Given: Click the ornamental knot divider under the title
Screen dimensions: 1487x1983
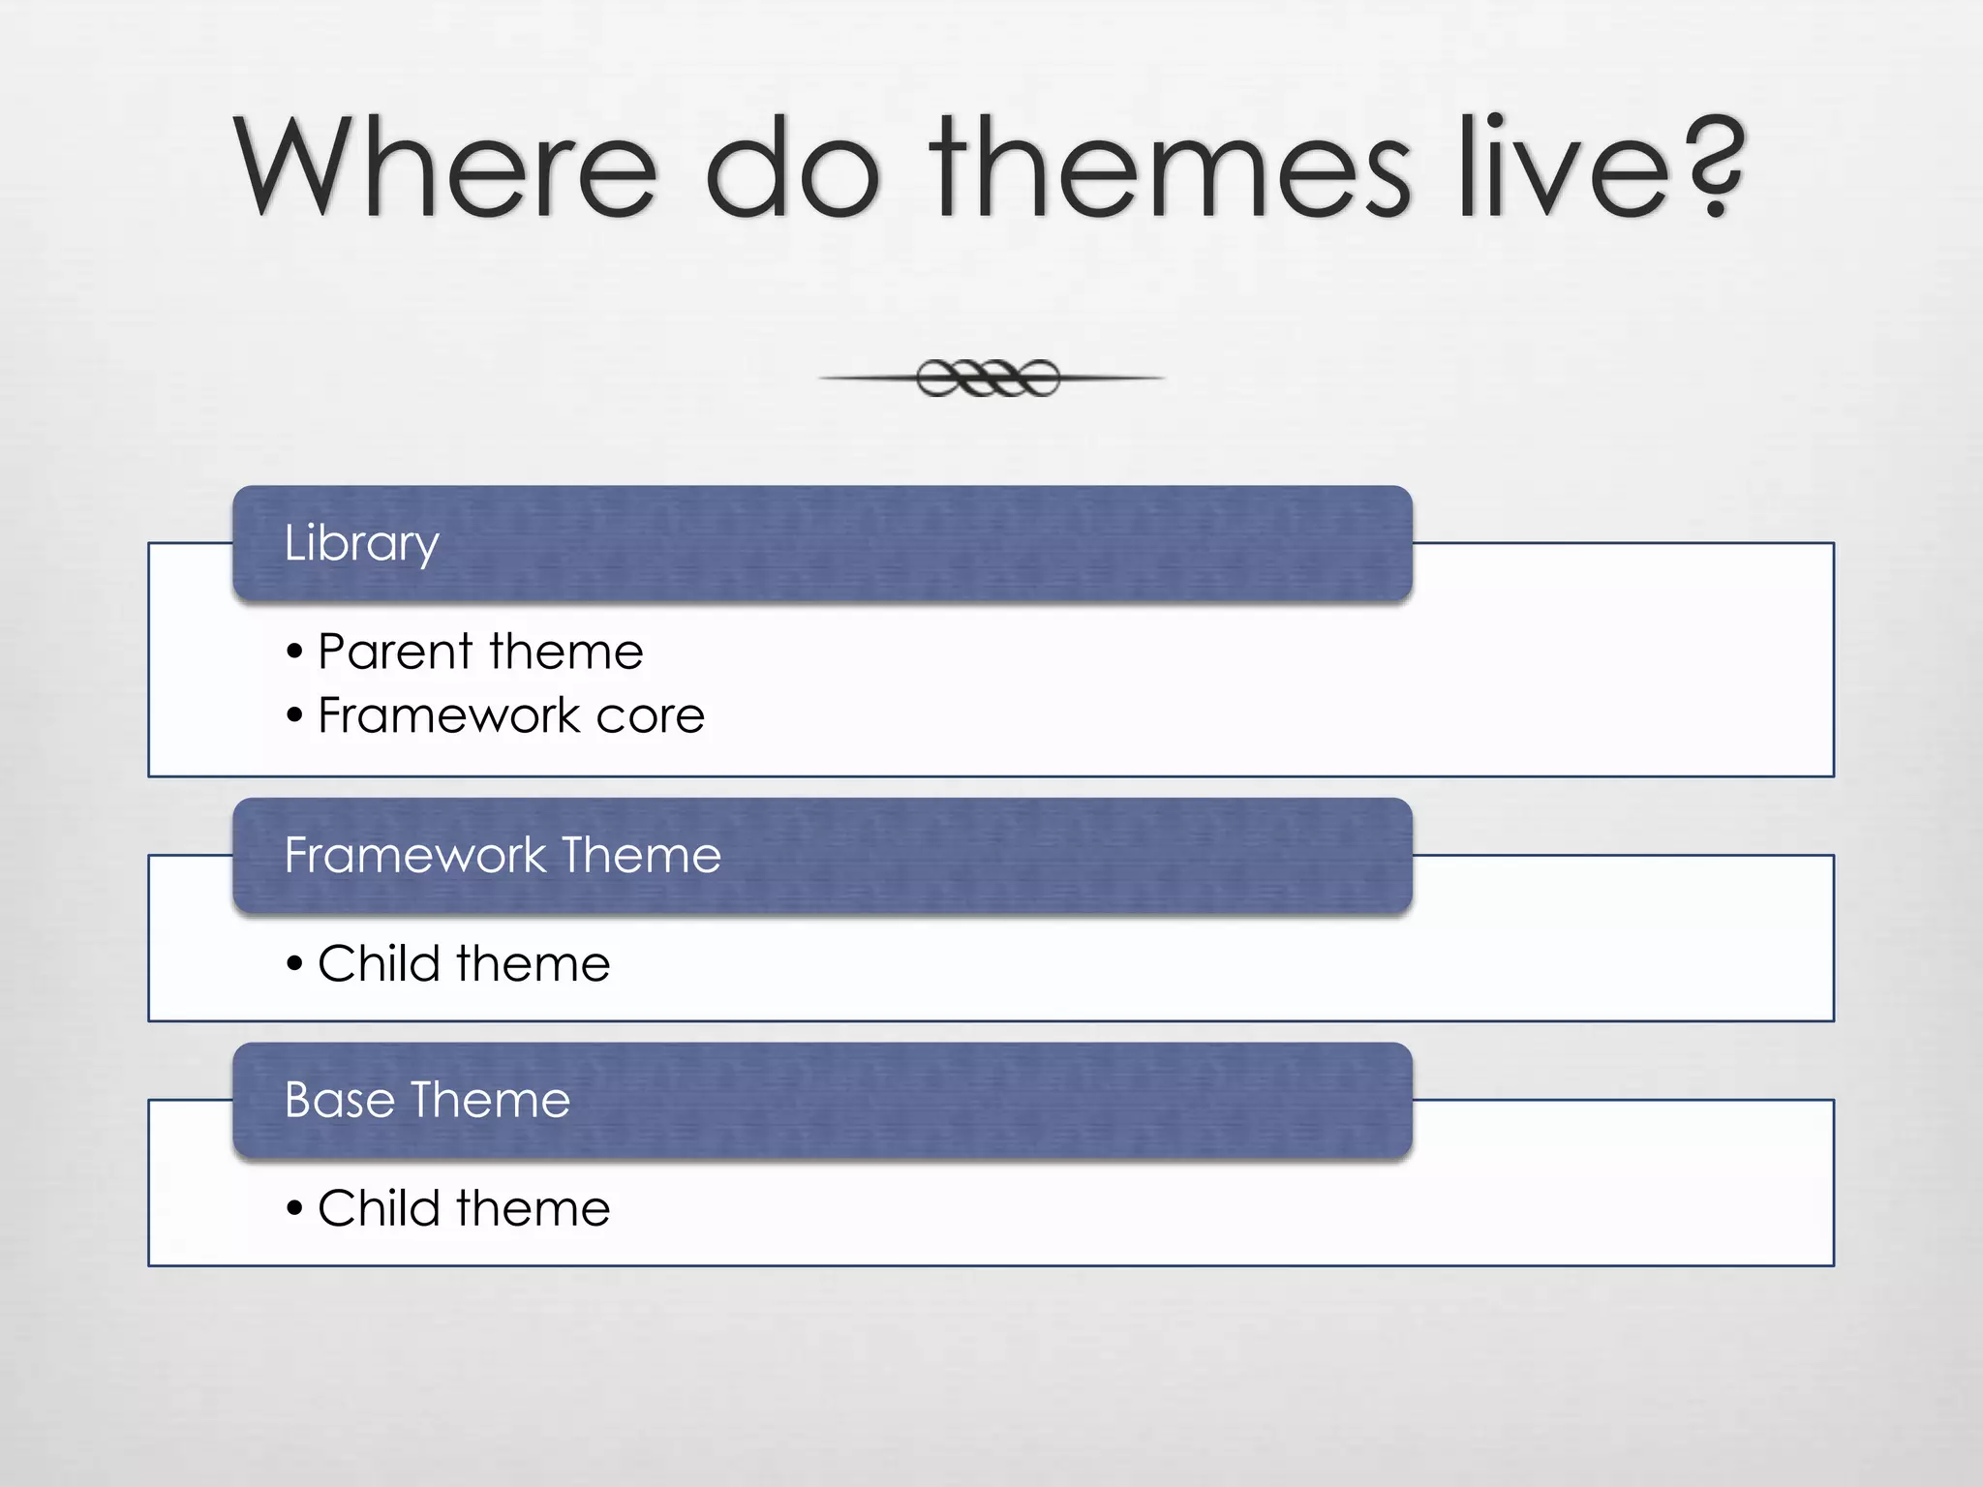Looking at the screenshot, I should (989, 378).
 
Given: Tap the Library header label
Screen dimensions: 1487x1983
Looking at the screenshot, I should (361, 543).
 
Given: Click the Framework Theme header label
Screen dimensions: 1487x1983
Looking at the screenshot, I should (503, 855).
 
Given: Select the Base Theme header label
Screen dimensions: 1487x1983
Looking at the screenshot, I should (427, 1100).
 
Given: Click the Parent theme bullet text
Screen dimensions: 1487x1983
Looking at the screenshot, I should (480, 651).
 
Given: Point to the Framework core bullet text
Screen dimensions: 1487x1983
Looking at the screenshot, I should (511, 715).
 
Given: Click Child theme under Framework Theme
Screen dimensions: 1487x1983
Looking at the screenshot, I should (464, 963).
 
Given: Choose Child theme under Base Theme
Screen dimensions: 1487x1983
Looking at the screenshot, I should (464, 1208).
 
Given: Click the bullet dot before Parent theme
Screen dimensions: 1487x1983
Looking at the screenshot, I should (295, 652).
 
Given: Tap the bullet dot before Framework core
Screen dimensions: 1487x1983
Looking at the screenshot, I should (295, 717).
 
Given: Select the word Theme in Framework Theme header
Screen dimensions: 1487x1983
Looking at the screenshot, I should (641, 855).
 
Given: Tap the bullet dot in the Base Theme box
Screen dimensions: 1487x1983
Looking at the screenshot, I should (295, 1209).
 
